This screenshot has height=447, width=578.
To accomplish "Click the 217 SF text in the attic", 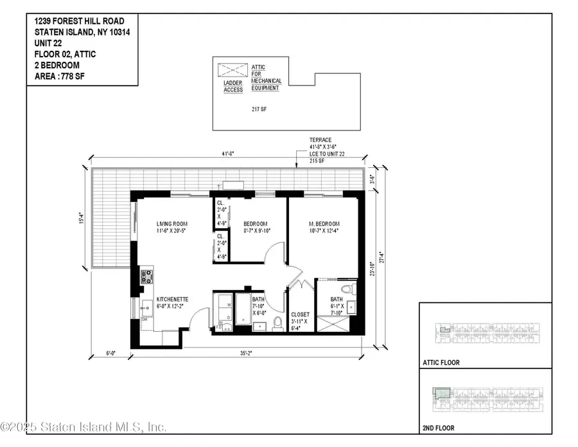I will [259, 109].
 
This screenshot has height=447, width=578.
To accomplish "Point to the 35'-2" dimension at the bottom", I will [247, 352].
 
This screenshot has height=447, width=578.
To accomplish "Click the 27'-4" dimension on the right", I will [383, 255].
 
